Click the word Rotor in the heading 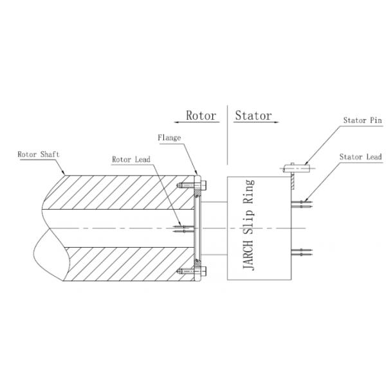(200, 116)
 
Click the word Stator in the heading (253, 116)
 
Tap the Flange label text (170, 138)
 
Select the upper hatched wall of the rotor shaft (122, 193)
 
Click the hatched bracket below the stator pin (293, 182)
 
